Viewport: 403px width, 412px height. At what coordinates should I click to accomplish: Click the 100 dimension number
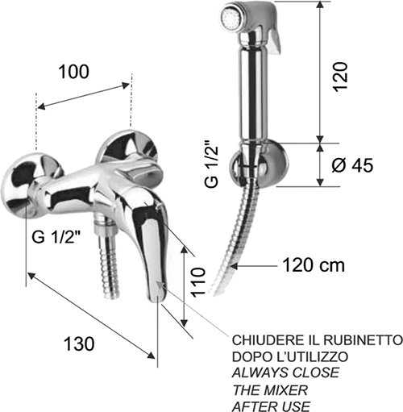coord(73,72)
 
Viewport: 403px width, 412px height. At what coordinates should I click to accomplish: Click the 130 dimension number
coord(79,343)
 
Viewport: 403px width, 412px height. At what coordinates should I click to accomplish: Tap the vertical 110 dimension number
coord(198,281)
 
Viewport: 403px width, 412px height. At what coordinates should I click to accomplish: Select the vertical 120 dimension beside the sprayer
coord(340,77)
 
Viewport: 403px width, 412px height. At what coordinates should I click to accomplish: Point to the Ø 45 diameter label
coord(352,165)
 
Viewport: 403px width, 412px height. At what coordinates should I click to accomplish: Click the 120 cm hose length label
coord(314,265)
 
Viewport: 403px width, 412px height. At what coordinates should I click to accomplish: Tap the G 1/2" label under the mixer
coord(56,237)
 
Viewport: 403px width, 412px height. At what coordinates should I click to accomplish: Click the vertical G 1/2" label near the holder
coord(211,167)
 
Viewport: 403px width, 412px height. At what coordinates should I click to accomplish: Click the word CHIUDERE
coord(266,340)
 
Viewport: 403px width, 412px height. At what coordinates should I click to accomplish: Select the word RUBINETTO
coord(363,340)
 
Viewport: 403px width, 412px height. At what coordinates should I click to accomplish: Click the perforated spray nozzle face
coord(230,18)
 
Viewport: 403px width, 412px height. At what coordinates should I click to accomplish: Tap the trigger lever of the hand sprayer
coord(276,40)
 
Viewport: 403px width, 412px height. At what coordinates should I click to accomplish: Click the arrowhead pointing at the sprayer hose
coord(235,266)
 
